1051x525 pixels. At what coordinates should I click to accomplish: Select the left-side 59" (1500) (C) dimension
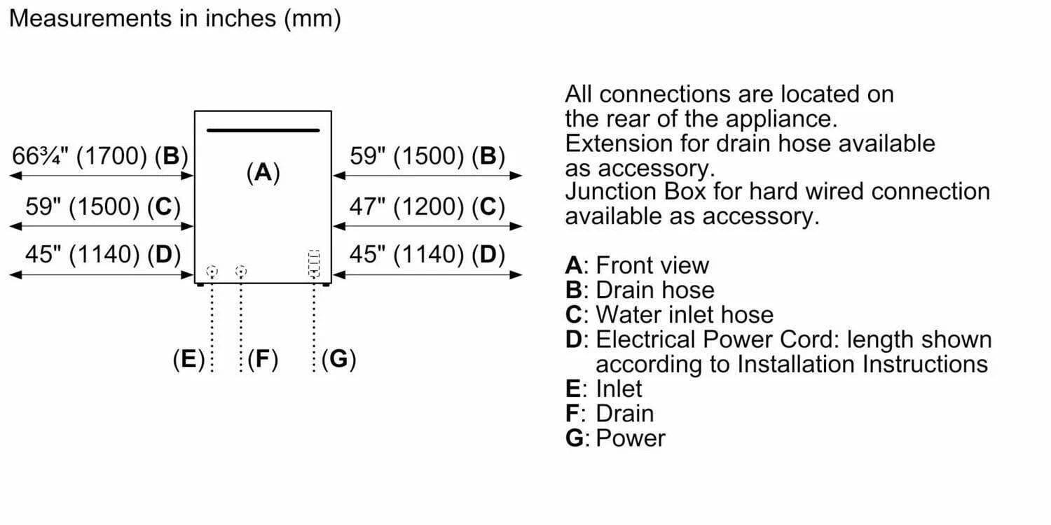tap(103, 206)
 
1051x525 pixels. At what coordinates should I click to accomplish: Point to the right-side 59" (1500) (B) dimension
tap(427, 156)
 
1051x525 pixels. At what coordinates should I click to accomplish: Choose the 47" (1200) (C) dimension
tap(427, 206)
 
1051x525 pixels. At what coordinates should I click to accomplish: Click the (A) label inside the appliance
tap(263, 171)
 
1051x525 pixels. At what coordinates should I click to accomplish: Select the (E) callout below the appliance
tap(188, 359)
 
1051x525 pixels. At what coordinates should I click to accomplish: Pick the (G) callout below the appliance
tap(339, 359)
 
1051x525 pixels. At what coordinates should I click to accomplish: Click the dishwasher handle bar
tap(263, 130)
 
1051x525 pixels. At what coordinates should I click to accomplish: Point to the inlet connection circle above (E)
tap(212, 271)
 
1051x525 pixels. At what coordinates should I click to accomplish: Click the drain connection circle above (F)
tap(241, 271)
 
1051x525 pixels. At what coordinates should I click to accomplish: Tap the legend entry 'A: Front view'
tap(637, 266)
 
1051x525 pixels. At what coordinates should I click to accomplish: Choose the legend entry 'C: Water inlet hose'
tap(669, 315)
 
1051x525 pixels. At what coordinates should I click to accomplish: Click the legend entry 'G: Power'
tap(615, 438)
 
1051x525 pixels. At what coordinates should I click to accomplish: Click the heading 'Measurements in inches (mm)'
tap(175, 19)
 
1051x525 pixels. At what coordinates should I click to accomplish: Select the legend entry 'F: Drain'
tap(610, 413)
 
